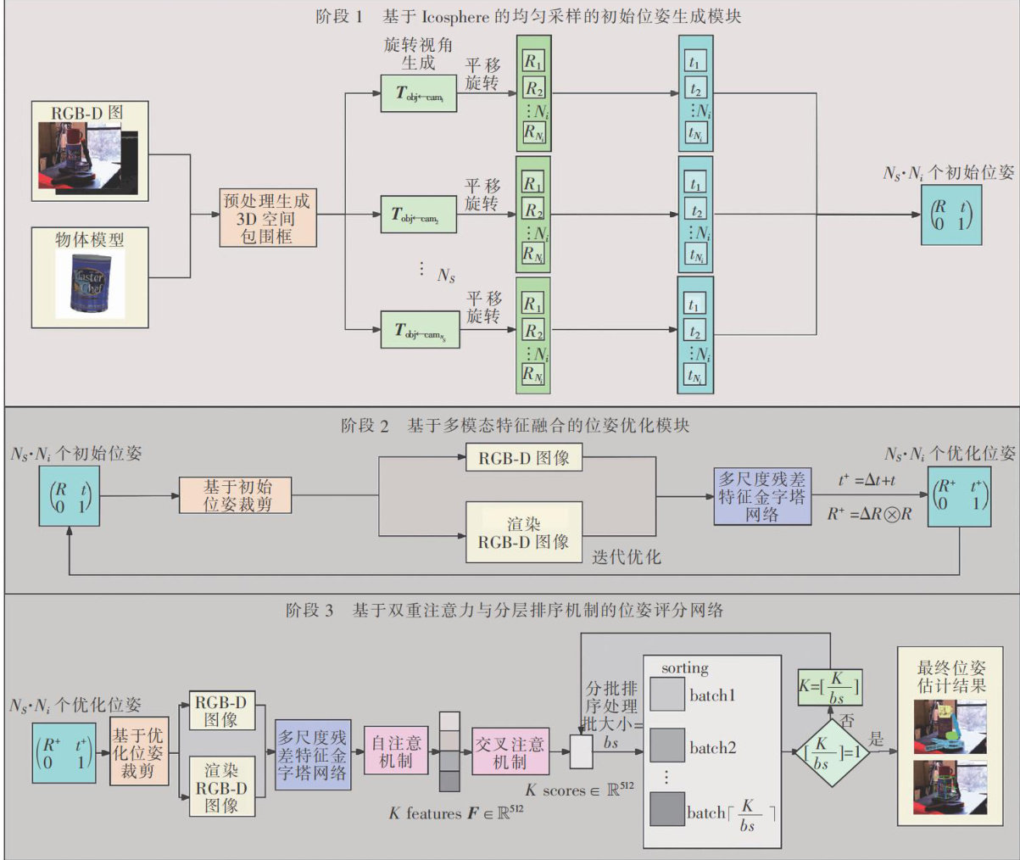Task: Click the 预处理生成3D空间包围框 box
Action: (268, 218)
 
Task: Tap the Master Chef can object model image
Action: (89, 286)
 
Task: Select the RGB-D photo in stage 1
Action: (90, 159)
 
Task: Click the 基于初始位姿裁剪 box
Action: (237, 495)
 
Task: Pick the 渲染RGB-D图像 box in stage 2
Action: (524, 533)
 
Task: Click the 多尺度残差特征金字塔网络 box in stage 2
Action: (762, 497)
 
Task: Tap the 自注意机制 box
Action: (396, 751)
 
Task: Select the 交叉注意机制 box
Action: (510, 752)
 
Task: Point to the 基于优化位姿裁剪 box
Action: (139, 751)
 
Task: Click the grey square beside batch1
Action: (667, 695)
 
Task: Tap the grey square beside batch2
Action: (667, 747)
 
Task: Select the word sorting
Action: (685, 668)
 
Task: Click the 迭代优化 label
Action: (627, 556)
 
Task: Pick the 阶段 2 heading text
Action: (365, 425)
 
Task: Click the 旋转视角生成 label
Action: (418, 53)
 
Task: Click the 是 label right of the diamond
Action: (876, 740)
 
